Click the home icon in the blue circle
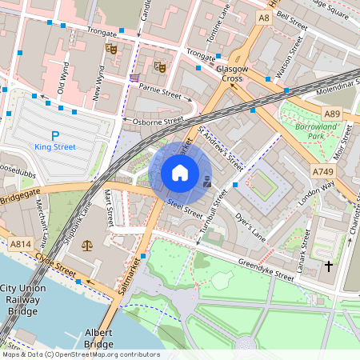[x=180, y=173]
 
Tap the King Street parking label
[x=55, y=147]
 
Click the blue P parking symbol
[x=55, y=135]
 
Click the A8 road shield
[x=263, y=16]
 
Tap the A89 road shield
[x=332, y=114]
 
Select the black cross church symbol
[x=328, y=265]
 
